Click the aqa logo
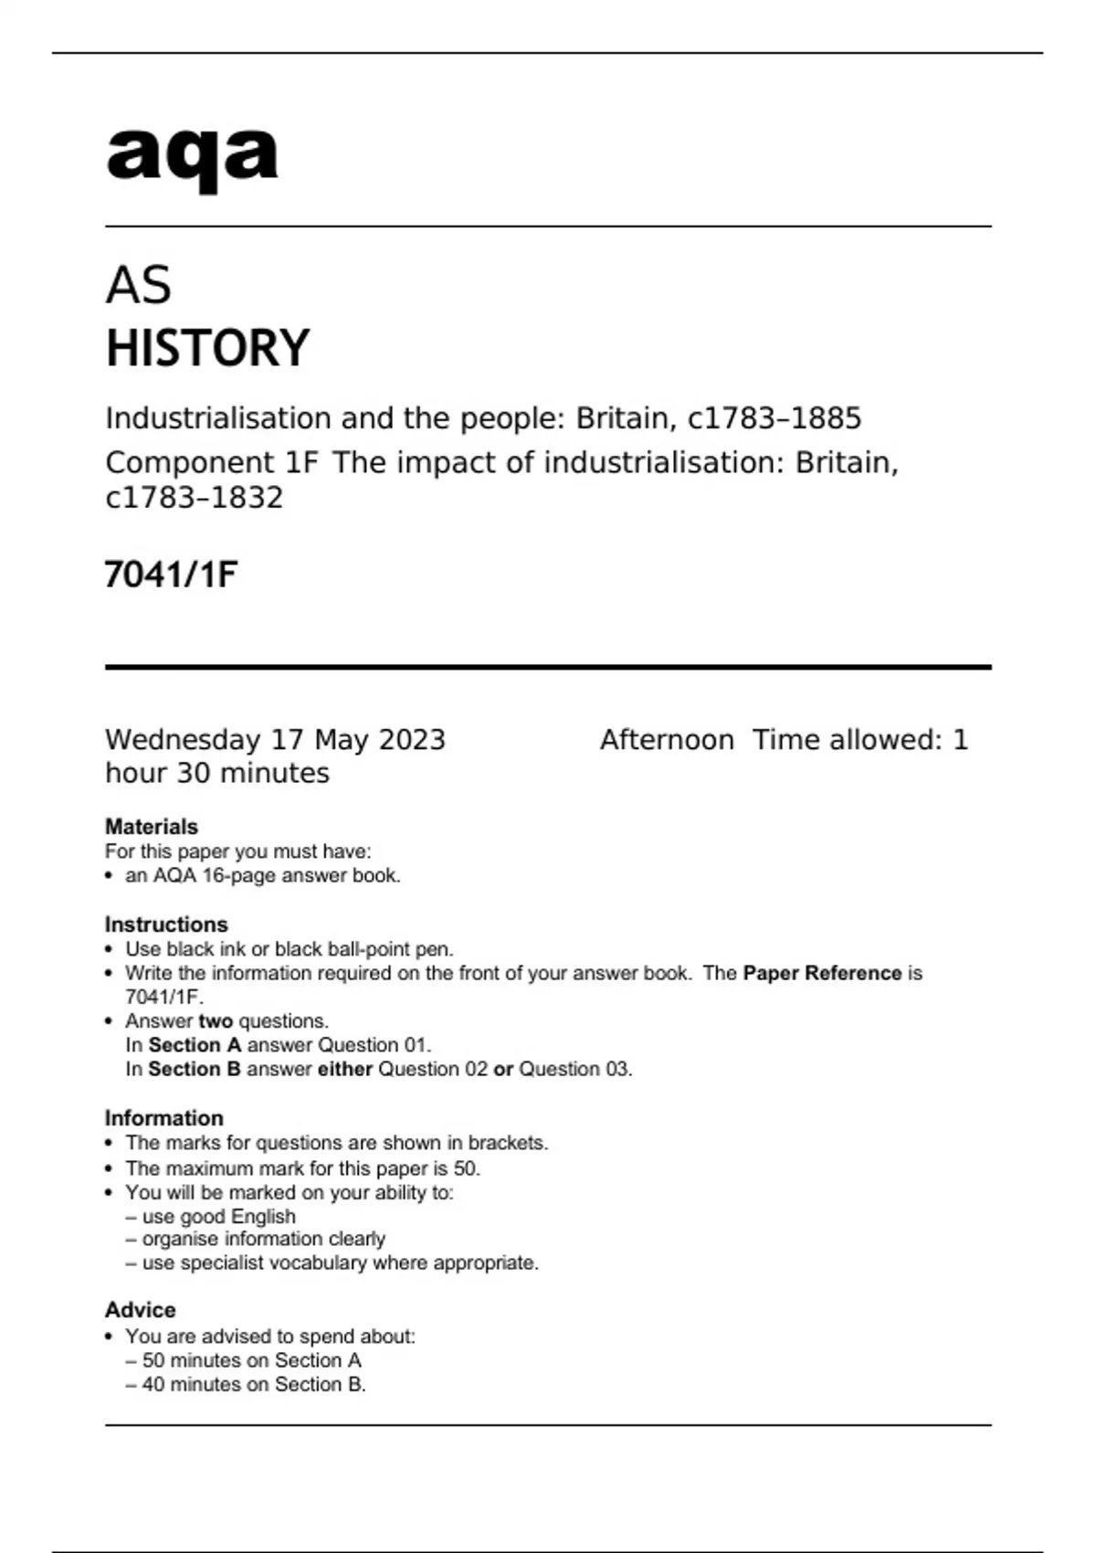[192, 158]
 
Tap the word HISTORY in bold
[207, 348]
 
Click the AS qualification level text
[138, 285]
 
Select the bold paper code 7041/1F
[171, 575]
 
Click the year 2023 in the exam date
[411, 740]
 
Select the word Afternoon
[667, 740]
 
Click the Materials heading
[152, 827]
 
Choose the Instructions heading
[166, 924]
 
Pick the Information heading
[164, 1118]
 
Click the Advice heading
[141, 1310]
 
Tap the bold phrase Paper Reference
[822, 974]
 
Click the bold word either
[344, 1070]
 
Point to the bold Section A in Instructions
[195, 1045]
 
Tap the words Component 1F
[212, 463]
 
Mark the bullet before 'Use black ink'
[110, 950]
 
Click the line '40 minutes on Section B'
[254, 1385]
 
